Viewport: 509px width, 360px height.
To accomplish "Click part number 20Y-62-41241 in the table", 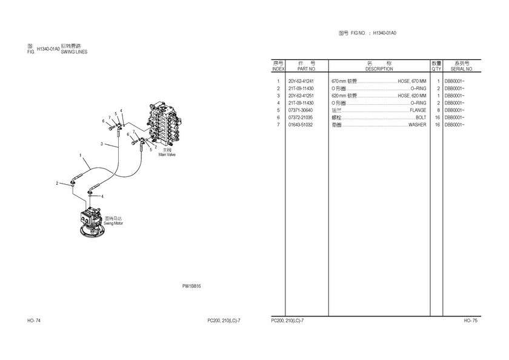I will (301, 81).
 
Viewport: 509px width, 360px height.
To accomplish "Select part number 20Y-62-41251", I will (301, 96).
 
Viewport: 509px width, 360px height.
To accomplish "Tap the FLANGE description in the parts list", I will (418, 110).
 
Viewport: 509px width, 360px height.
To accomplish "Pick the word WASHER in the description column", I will (417, 125).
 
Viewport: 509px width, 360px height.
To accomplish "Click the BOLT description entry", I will (421, 118).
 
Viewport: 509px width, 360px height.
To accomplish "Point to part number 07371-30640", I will (301, 110).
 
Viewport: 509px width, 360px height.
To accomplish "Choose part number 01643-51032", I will (301, 125).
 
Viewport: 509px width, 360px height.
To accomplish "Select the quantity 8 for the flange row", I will (437, 110).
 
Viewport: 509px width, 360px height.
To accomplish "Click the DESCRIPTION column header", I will (379, 69).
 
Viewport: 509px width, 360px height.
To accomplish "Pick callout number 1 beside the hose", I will (81, 156).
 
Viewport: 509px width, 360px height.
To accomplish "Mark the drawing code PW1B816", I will (191, 286).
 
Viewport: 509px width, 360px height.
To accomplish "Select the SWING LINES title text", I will (75, 52).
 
